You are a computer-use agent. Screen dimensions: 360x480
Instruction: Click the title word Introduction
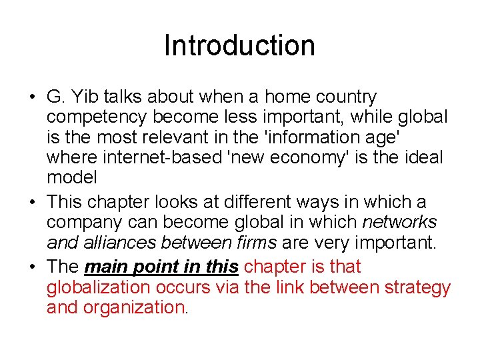point(239,45)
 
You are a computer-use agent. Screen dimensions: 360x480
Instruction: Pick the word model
point(71,177)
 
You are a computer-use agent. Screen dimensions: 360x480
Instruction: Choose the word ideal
point(421,157)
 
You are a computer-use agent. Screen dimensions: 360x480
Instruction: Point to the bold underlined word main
point(108,267)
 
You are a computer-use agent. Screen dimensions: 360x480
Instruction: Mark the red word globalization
point(99,287)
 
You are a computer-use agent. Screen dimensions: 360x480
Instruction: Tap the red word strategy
point(413,287)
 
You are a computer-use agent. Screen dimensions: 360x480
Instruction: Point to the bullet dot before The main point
point(32,267)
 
